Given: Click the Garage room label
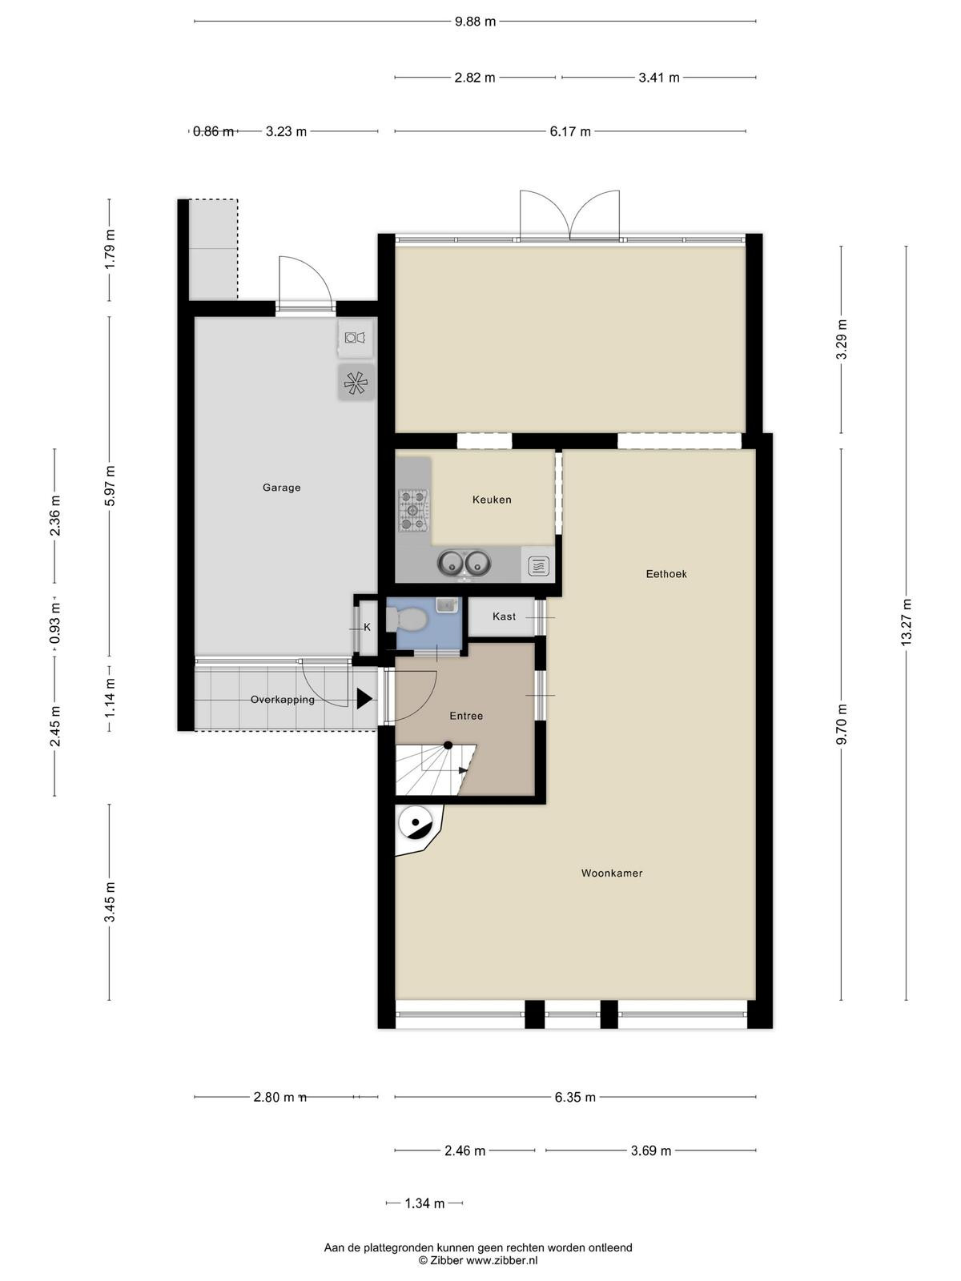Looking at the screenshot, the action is point(281,488).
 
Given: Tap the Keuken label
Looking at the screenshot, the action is point(492,500).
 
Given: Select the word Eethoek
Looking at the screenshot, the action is point(665,574).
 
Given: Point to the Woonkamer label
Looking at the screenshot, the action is point(612,873).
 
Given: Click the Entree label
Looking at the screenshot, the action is point(466,716).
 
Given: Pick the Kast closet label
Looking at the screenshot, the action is point(505,616).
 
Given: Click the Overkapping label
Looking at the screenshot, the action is point(283,699).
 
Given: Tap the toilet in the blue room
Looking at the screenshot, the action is point(408,619).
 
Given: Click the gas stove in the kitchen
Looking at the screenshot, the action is point(414,511).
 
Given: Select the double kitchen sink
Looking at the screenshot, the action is point(464,563).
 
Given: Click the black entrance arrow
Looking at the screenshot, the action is point(364,699).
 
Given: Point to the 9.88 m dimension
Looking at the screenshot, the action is point(475,22).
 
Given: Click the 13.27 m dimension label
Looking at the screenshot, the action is point(906,622).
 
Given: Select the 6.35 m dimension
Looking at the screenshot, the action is point(575,1097).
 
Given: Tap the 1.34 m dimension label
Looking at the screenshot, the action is point(424,1203).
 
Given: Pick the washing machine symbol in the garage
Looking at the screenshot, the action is point(355,337).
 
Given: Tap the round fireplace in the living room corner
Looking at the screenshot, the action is point(416,824).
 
